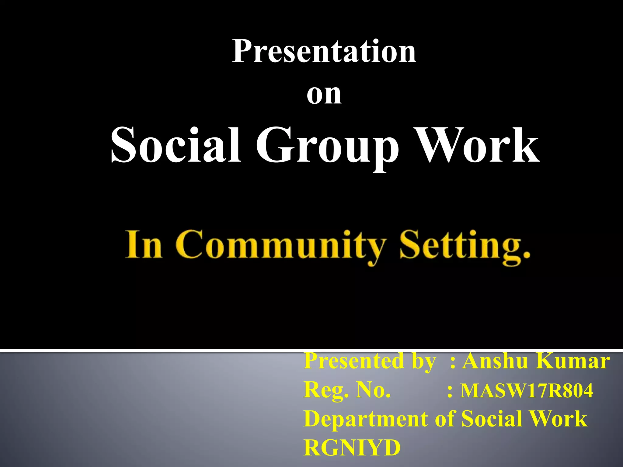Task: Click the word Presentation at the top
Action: [324, 52]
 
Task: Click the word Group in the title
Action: [327, 147]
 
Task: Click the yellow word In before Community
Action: [144, 245]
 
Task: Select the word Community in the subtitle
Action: [280, 246]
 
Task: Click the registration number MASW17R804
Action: [527, 391]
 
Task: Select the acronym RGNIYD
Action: [352, 448]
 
